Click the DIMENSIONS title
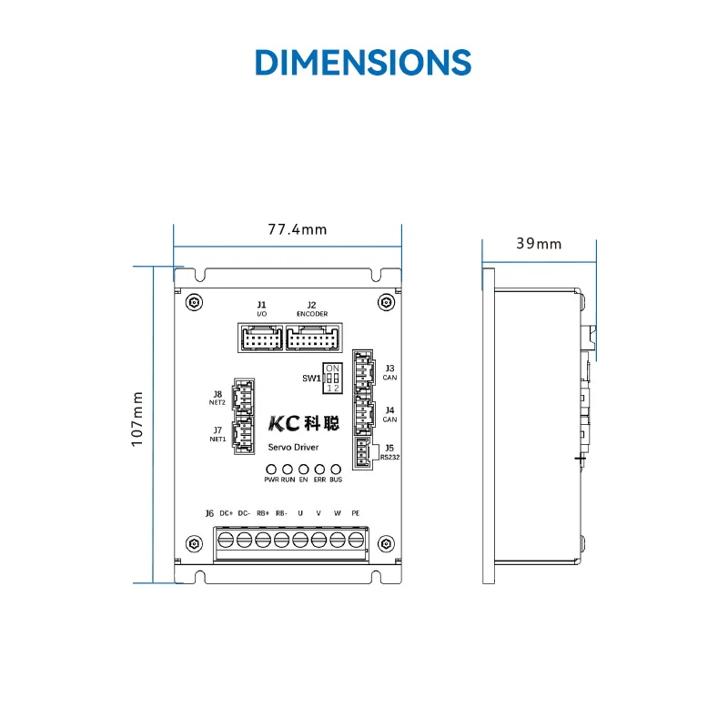coord(363,61)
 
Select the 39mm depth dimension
coord(539,243)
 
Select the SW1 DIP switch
coord(332,377)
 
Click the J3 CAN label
coord(389,371)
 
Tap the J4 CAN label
coord(389,415)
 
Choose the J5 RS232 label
coord(389,452)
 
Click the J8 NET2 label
coord(217,398)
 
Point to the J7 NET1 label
coord(217,433)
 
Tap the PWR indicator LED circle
coord(271,468)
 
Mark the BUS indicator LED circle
coord(336,468)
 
